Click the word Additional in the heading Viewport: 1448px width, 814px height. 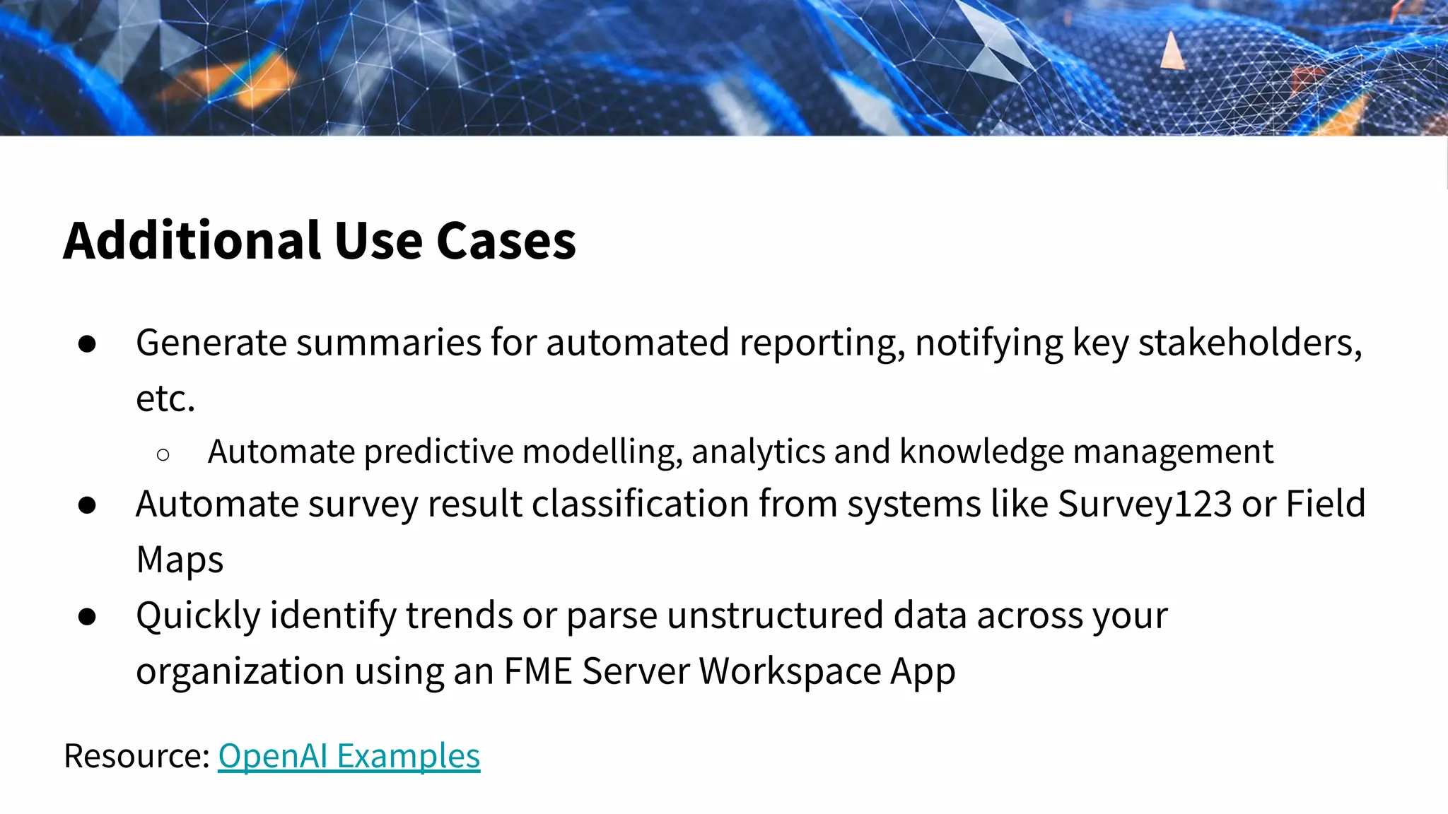(192, 241)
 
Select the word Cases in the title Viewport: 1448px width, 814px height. (506, 241)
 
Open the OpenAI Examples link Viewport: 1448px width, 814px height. (349, 755)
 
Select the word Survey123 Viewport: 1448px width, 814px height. (1145, 504)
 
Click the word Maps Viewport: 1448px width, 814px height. (180, 560)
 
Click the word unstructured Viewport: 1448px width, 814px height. (775, 615)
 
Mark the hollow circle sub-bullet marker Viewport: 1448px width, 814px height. (163, 455)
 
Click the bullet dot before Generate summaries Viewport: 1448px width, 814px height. (88, 344)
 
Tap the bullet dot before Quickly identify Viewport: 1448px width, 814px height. (88, 617)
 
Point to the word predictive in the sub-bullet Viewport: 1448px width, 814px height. (438, 452)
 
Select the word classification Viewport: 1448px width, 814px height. (641, 504)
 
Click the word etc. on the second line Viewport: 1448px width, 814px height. (165, 399)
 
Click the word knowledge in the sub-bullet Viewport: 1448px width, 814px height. (981, 452)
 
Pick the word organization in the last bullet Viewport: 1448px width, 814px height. (240, 671)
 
